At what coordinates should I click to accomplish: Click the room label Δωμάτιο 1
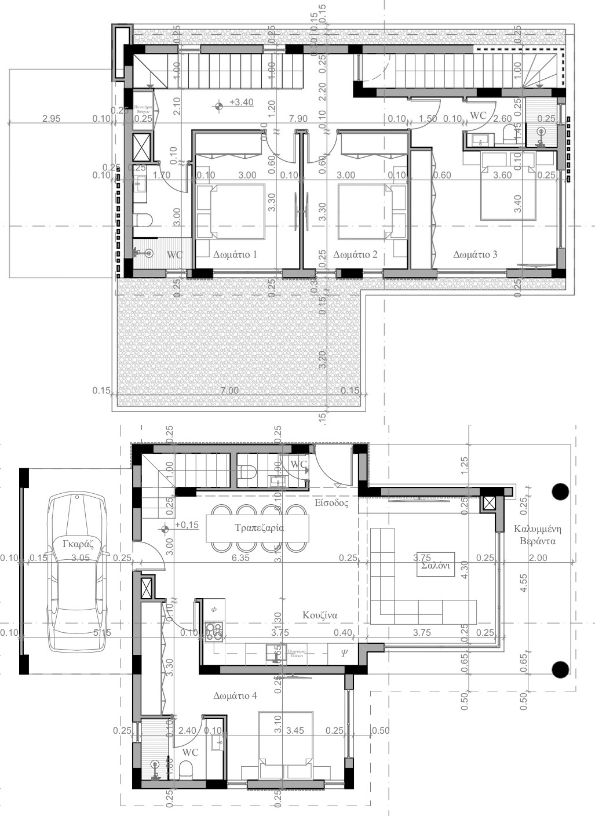tap(235, 254)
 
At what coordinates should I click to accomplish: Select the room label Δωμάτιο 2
tap(356, 254)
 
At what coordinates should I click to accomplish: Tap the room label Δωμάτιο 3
tap(475, 254)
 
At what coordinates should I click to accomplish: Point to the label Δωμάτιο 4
tap(235, 695)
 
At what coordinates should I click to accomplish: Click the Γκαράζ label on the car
tap(78, 544)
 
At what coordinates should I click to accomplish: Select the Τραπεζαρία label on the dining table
tap(259, 528)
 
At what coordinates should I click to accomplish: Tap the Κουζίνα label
tap(320, 615)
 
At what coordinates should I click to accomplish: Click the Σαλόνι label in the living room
tap(436, 566)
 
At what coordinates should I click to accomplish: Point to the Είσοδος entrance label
tap(331, 503)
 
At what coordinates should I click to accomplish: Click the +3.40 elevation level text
tap(241, 103)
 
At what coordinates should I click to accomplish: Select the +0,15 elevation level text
tap(186, 525)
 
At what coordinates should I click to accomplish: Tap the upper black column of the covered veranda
tap(560, 491)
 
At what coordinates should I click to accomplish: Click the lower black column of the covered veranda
tap(560, 670)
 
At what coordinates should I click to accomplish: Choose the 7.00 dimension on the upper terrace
tap(229, 391)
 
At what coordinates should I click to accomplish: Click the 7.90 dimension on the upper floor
tap(298, 119)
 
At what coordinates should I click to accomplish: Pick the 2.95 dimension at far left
tap(52, 119)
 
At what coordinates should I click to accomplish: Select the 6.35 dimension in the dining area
tap(240, 558)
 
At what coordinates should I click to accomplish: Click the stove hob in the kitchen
tap(214, 631)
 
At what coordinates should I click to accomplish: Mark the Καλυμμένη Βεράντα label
tap(534, 535)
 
